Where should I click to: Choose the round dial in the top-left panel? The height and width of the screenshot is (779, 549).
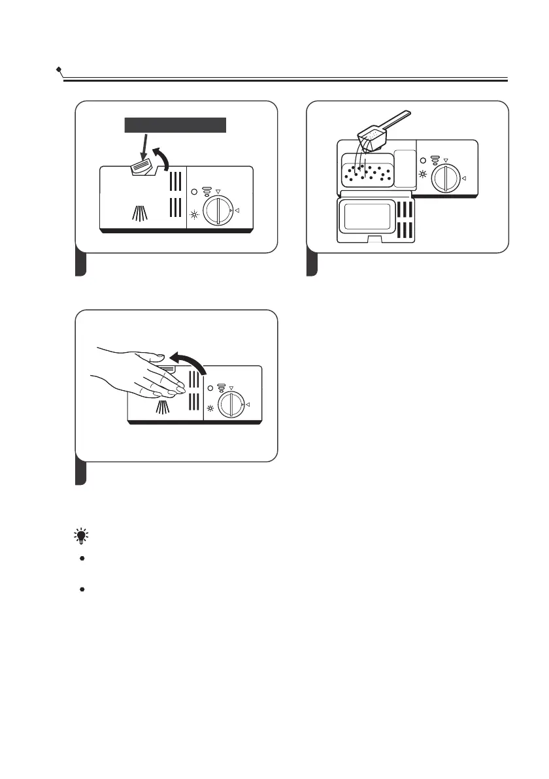(x=216, y=210)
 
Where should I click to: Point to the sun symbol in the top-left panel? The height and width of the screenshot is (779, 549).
(x=193, y=215)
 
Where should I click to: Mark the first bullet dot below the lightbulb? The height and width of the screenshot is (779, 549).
(x=82, y=559)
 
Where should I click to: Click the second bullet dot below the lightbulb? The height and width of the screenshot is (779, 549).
(x=82, y=589)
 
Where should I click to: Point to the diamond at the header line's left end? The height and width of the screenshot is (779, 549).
(x=59, y=69)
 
